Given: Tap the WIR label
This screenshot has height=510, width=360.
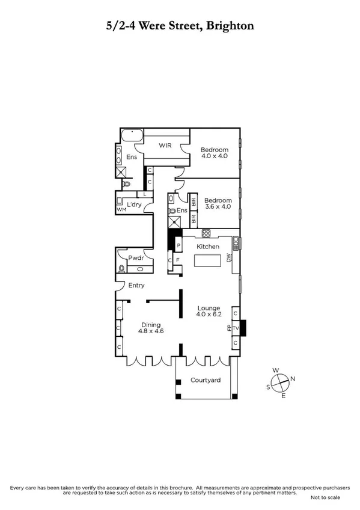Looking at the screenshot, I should coord(165,146).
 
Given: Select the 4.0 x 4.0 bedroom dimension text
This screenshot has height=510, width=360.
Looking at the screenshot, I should coord(215,156).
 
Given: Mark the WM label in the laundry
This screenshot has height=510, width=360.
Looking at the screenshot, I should coord(121,210).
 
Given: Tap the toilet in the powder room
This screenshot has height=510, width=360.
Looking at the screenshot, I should coord(123,269).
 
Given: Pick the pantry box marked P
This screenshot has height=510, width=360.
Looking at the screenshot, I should coord(178,246).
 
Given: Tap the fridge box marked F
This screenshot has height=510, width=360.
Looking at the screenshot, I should coord(178,260).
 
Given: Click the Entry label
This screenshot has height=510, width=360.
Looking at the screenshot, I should coord(136,285).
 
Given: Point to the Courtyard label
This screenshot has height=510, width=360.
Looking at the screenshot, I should coord(205,380).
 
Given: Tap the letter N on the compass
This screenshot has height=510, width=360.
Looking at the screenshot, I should coord(293,379).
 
